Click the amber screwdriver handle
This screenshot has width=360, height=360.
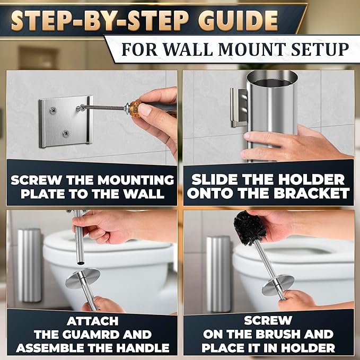135,108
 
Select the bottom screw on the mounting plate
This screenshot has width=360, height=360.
66,133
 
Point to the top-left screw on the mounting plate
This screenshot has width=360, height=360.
53,111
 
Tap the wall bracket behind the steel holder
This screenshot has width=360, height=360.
239,108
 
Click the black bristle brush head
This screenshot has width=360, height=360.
249,227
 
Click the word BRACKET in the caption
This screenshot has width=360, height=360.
312,194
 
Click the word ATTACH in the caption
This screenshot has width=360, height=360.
93,321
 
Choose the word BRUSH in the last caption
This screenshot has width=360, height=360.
278,334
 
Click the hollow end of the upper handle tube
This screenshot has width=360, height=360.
80,262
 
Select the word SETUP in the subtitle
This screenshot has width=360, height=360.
320,49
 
